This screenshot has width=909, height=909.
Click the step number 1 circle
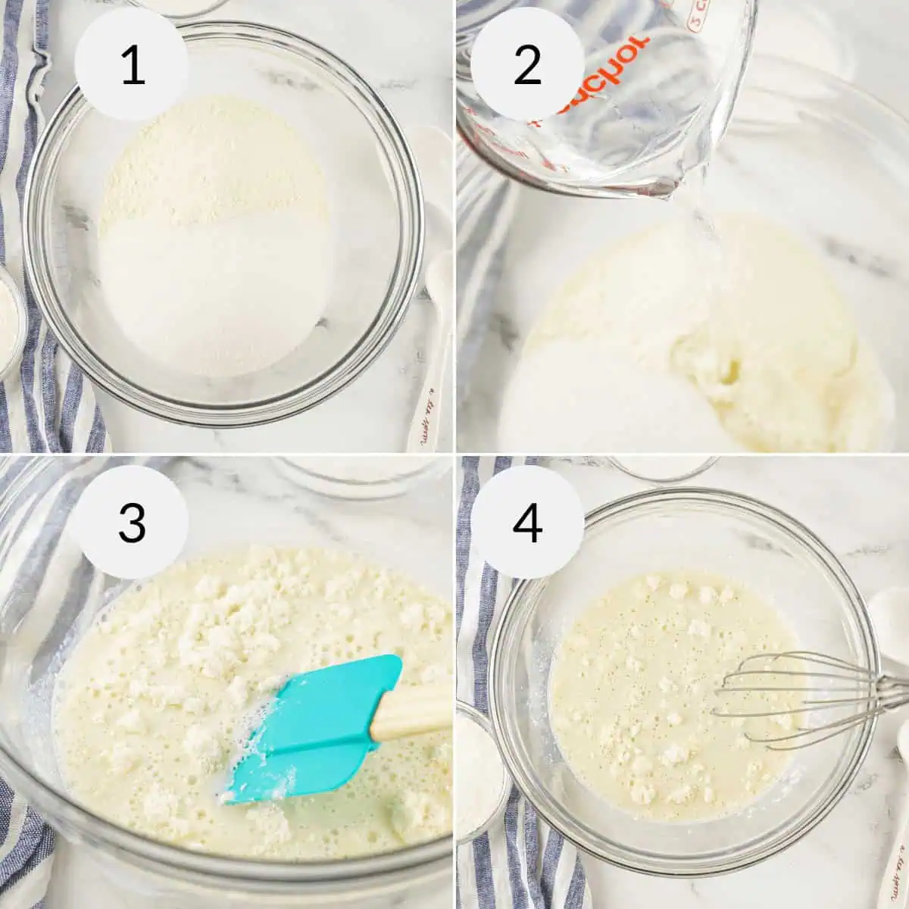(133, 66)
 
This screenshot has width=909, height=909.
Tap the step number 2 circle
(527, 66)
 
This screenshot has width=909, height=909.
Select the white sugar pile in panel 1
(216, 295)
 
